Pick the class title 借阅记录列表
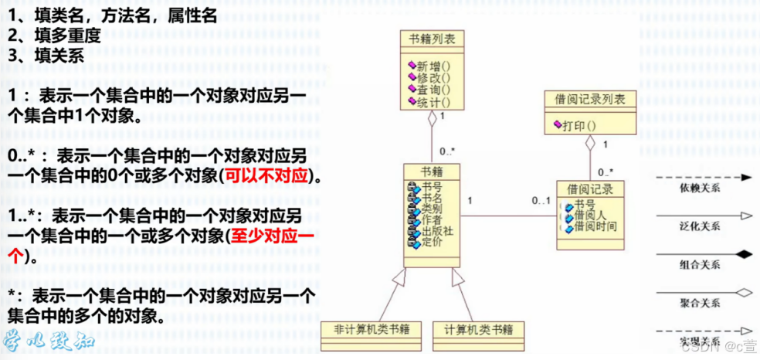tap(590, 99)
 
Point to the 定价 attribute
tap(431, 242)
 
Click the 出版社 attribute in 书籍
tap(436, 231)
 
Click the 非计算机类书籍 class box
tap(371, 330)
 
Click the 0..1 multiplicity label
tap(541, 201)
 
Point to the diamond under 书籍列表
tap(433, 118)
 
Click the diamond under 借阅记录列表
tap(590, 144)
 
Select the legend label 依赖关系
tap(700, 187)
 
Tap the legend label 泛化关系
tap(700, 226)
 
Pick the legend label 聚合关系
tap(700, 303)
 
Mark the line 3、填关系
tap(46, 55)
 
